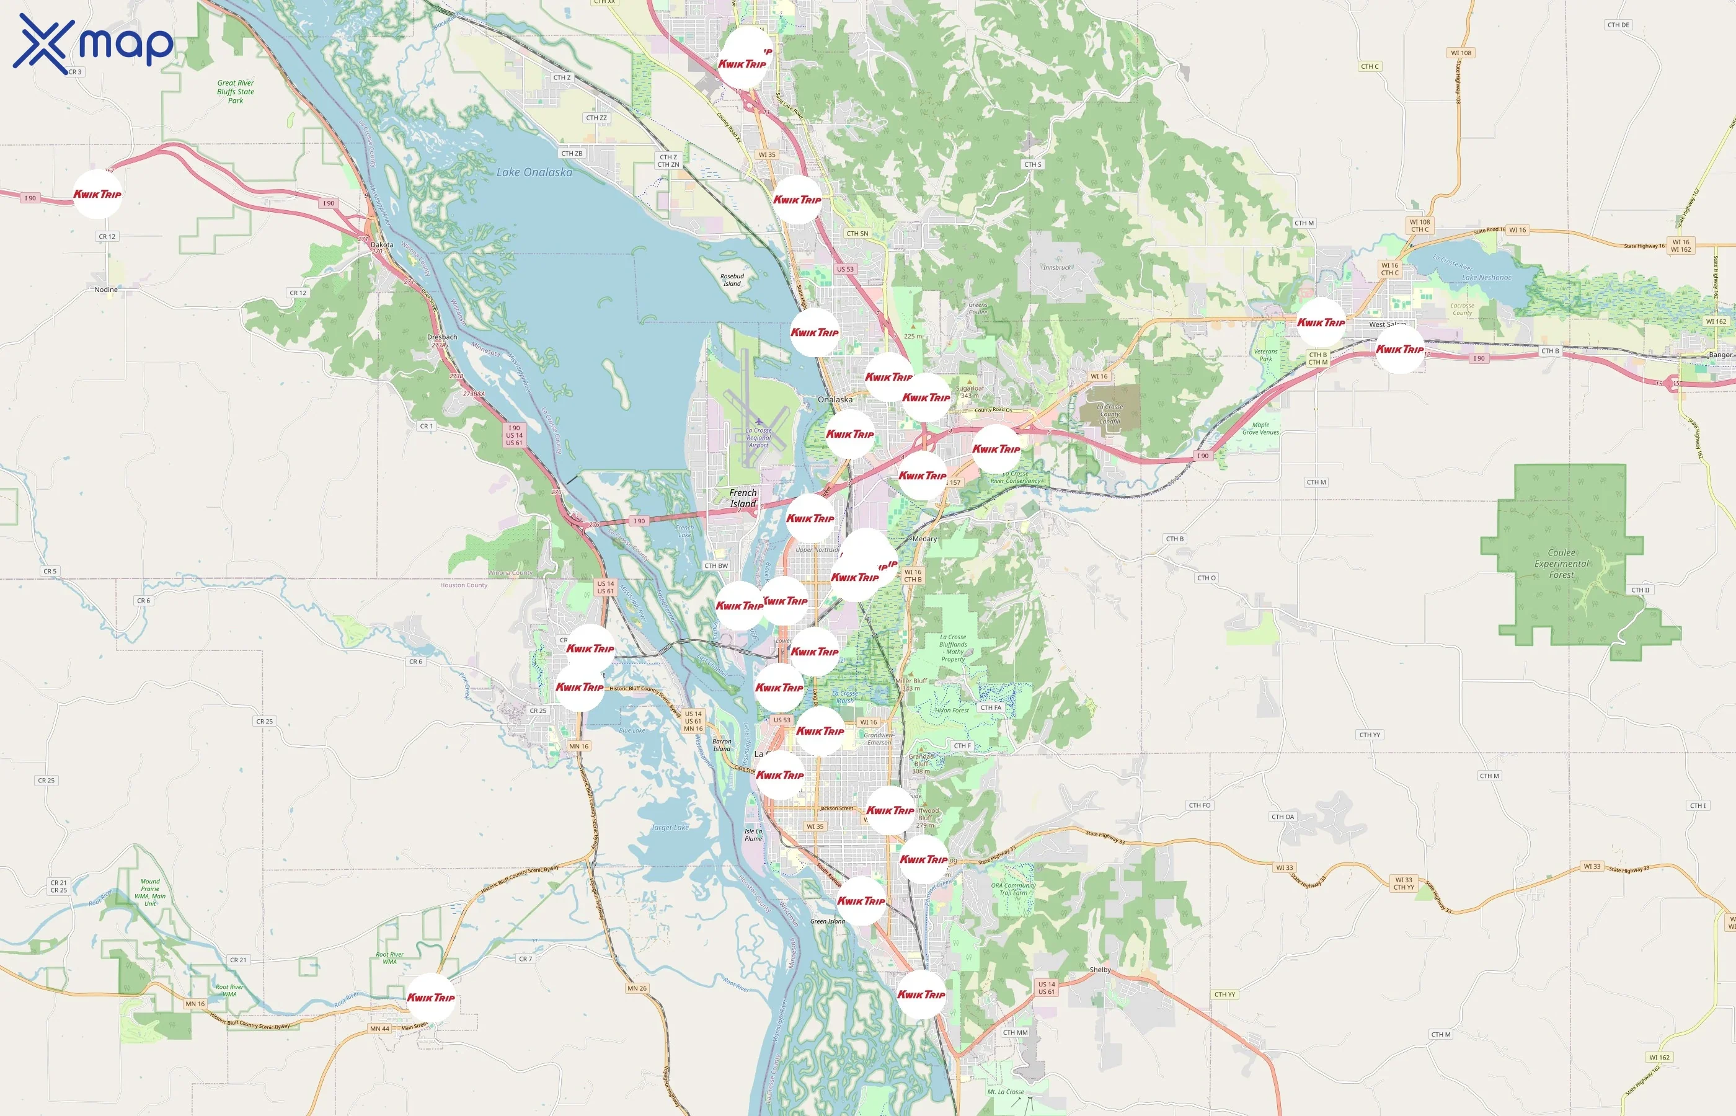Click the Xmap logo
[93, 43]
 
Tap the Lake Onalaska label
[534, 172]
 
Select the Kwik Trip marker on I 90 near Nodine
[97, 194]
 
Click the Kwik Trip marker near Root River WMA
[430, 998]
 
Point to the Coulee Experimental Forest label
[1561, 564]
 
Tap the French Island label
[743, 498]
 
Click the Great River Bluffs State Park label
[236, 92]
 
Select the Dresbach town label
[442, 337]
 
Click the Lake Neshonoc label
[1486, 278]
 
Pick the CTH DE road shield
[1618, 25]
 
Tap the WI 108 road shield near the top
[1461, 53]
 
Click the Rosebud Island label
[732, 280]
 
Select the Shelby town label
[1100, 970]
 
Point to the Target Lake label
[670, 828]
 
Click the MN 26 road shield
[637, 988]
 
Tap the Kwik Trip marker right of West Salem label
[1399, 349]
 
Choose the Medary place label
[924, 539]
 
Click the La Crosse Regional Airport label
[759, 438]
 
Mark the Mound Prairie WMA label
[150, 893]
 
